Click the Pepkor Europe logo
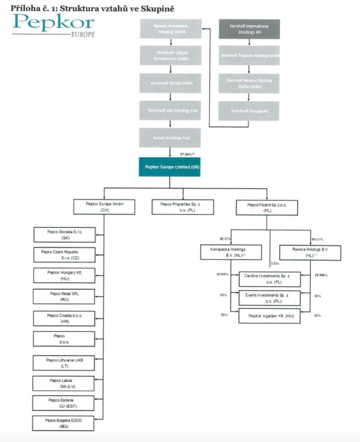(x=54, y=25)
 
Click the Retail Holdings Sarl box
(x=170, y=137)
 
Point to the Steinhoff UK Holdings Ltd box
(x=170, y=111)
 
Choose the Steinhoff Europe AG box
(x=249, y=111)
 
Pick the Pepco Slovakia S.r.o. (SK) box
(x=64, y=235)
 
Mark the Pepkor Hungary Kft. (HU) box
(x=64, y=275)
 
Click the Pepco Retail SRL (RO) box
(x=64, y=296)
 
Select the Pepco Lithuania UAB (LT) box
(x=64, y=363)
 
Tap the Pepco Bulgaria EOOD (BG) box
(x=64, y=423)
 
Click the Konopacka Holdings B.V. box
(x=231, y=252)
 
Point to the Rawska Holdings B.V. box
(x=310, y=252)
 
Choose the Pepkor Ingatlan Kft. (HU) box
(x=270, y=316)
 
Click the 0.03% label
(x=276, y=264)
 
